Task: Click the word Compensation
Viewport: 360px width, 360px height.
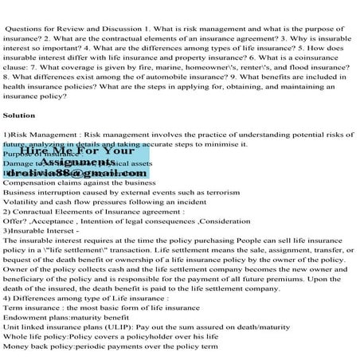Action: tap(33, 182)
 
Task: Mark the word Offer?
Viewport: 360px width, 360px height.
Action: tap(17, 226)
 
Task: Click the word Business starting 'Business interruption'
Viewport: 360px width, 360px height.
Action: tap(24, 193)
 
